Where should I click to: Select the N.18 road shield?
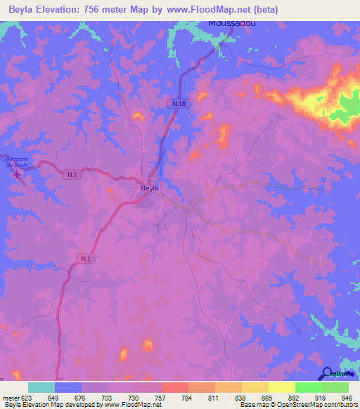(x=179, y=103)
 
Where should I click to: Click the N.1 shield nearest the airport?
(x=72, y=174)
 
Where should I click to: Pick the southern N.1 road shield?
(x=85, y=259)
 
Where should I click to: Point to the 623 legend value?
(x=27, y=397)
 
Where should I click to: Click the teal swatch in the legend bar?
(x=41, y=387)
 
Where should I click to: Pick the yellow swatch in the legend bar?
(x=281, y=387)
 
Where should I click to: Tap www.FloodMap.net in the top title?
(x=210, y=10)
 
